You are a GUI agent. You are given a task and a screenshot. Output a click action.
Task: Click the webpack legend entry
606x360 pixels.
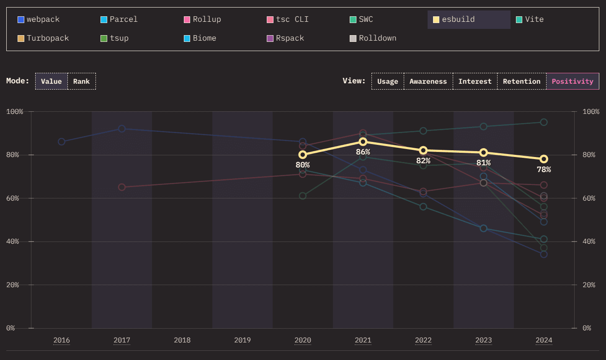click(39, 20)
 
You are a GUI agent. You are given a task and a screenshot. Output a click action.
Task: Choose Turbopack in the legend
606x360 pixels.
click(44, 39)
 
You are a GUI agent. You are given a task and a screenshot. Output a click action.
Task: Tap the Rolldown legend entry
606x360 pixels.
click(373, 39)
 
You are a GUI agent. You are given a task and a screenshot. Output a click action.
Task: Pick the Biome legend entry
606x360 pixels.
click(200, 39)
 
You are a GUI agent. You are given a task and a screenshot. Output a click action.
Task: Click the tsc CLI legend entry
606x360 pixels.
click(288, 20)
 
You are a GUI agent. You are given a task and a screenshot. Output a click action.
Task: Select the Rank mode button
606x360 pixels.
click(81, 81)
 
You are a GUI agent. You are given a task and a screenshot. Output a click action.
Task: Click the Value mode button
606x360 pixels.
click(51, 81)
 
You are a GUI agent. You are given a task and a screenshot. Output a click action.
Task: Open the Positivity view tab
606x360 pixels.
click(572, 81)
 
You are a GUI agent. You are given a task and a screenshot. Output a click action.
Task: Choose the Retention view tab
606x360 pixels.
click(521, 81)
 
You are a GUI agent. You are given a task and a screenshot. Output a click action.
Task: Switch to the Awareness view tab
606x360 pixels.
click(428, 81)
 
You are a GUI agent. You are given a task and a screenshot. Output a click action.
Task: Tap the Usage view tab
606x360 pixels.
click(387, 81)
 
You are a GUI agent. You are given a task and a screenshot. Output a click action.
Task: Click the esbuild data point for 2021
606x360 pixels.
click(363, 142)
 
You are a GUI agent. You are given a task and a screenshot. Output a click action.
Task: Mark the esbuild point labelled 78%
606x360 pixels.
click(544, 159)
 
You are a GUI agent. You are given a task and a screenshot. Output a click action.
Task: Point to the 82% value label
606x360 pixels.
click(423, 161)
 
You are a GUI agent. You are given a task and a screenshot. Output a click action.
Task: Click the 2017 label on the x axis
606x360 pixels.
click(122, 340)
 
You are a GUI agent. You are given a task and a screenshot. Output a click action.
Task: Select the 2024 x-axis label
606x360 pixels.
click(544, 340)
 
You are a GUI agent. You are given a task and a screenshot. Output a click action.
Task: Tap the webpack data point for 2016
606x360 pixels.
click(62, 142)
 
